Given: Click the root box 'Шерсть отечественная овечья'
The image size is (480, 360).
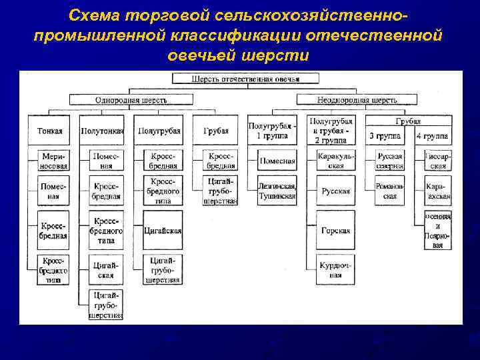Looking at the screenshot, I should tap(245, 79).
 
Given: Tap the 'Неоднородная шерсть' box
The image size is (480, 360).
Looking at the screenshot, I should tap(357, 100).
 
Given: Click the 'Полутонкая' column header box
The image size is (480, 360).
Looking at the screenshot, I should tap(102, 131).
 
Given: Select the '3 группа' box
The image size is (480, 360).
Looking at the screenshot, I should tap(385, 136).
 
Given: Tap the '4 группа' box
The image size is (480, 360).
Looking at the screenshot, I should tap(432, 136).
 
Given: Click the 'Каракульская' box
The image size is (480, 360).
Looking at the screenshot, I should tap(336, 161).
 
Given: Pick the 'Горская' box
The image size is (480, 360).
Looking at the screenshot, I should tap(336, 231).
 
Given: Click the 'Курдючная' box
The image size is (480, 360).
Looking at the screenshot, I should tap(336, 269).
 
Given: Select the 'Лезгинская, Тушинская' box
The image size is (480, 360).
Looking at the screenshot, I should tap(277, 191).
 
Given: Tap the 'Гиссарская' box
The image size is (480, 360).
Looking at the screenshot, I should tap(437, 161).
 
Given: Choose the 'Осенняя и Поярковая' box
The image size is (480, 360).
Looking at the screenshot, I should tap(437, 231).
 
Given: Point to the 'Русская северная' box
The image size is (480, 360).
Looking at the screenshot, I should tap(389, 161).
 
